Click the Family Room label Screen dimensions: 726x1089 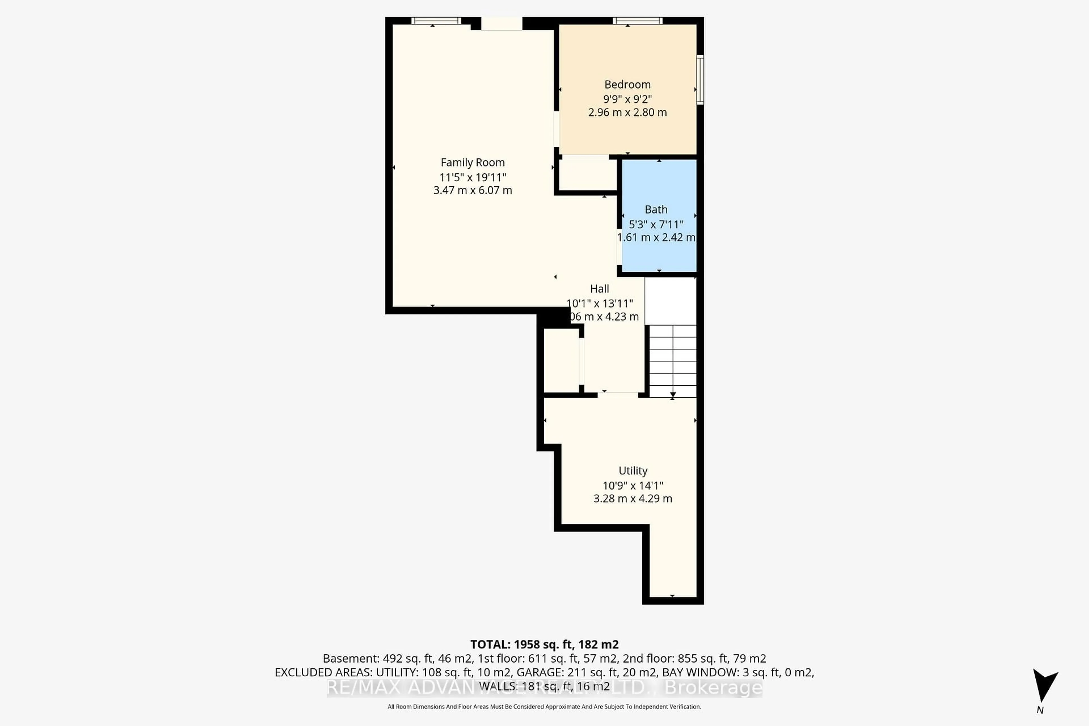coord(472,162)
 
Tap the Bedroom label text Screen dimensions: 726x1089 coord(627,85)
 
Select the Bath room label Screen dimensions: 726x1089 coord(656,210)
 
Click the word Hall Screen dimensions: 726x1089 coord(599,289)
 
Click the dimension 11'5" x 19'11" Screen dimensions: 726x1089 coord(472,177)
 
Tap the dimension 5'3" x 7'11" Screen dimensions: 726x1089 coord(656,225)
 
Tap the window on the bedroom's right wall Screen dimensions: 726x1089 coord(700,80)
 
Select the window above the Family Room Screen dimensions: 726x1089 coord(436,21)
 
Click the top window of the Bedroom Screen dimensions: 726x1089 coord(637,21)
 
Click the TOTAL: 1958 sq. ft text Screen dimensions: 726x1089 coord(544,645)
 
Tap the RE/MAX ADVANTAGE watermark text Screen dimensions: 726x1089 coord(544,688)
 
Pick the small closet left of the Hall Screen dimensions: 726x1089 coord(561,360)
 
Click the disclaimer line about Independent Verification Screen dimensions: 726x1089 coord(544,706)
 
